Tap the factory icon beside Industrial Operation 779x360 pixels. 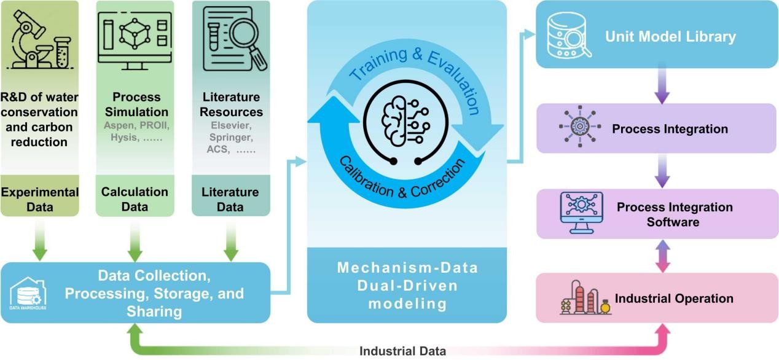[584, 298]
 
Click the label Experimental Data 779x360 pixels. [40, 199]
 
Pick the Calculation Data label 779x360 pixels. [135, 199]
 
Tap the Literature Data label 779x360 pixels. [230, 199]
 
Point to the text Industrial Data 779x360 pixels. [402, 351]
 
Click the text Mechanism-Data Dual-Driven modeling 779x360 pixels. [406, 285]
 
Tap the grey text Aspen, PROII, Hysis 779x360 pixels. [136, 132]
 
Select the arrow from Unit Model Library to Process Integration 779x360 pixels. [662, 85]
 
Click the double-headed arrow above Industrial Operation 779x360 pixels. [662, 256]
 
